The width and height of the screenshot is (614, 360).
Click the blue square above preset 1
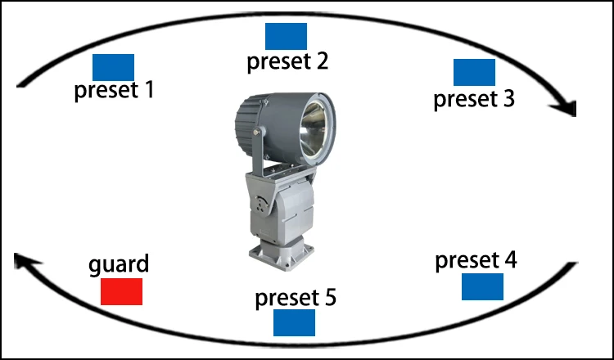tap(113, 67)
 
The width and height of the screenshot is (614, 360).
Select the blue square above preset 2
tap(286, 36)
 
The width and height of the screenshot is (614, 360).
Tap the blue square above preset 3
tap(474, 72)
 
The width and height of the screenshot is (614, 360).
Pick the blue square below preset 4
tap(482, 286)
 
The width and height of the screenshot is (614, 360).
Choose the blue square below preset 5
tap(294, 322)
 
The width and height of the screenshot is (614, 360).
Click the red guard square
tap(121, 291)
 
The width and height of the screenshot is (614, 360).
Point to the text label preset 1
tap(114, 89)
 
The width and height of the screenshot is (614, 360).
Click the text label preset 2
tap(287, 61)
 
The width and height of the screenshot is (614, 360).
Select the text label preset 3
tap(474, 99)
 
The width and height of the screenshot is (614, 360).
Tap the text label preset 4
tap(476, 261)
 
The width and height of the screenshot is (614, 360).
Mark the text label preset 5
tap(296, 297)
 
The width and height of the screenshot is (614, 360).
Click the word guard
tap(120, 265)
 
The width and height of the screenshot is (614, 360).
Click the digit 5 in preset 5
tap(329, 297)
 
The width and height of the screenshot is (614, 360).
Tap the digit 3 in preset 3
tap(508, 99)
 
